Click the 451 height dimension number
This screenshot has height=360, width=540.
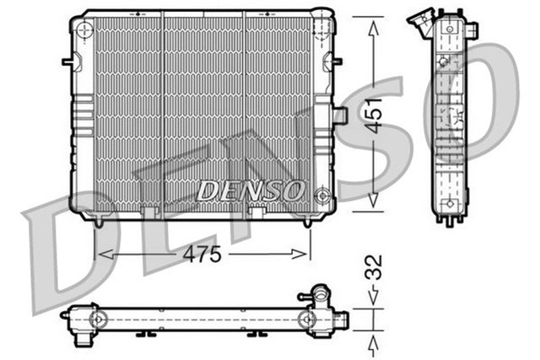click(374, 115)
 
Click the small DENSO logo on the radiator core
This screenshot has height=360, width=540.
click(250, 191)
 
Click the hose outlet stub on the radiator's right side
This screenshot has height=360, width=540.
click(340, 115)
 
